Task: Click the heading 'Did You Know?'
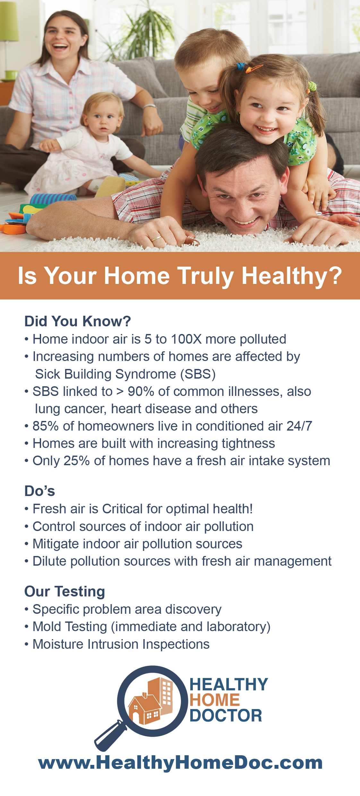click(78, 321)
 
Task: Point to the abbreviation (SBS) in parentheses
click(198, 374)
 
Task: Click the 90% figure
click(141, 391)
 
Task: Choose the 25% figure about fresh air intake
click(76, 461)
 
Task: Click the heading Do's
click(40, 491)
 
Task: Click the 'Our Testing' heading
click(65, 591)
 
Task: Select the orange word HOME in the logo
click(214, 700)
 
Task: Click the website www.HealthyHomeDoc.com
click(180, 763)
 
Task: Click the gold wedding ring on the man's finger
click(156, 238)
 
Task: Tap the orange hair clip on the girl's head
click(254, 68)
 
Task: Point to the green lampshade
click(9, 21)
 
